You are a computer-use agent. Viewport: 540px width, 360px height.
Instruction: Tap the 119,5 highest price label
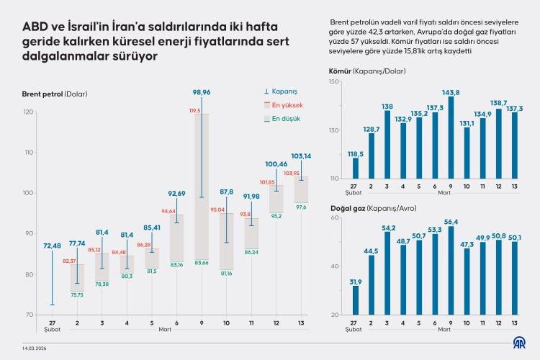pos(194,111)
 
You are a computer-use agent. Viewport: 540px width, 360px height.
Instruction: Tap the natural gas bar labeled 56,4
pos(451,271)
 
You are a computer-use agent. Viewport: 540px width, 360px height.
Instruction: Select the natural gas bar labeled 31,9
pos(355,300)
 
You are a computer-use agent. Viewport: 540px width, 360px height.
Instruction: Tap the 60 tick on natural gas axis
pos(335,217)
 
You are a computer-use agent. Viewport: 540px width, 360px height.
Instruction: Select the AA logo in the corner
pos(518,343)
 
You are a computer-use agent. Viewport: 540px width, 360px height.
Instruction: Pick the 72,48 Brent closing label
pos(52,246)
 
